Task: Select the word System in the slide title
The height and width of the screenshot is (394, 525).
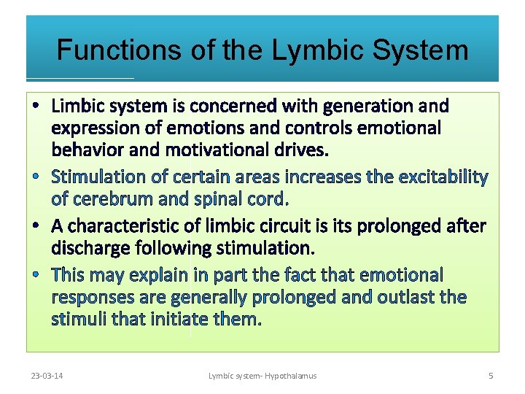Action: [421, 50]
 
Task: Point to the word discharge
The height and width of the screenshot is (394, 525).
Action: [91, 249]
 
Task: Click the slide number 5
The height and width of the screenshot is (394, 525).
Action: [491, 376]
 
